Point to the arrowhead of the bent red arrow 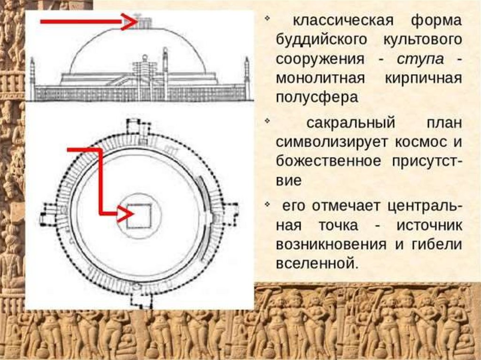click(x=125, y=214)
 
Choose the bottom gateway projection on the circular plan click(x=139, y=299)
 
